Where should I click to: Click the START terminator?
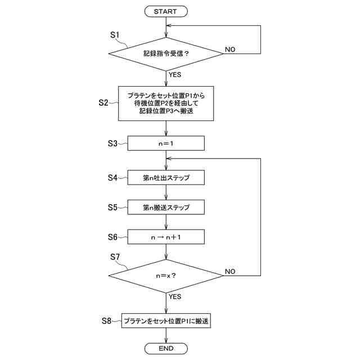(166, 11)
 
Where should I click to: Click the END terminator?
(166, 349)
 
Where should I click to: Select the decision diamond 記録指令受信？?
(166, 54)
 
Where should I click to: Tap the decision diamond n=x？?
(166, 276)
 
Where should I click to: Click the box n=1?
(166, 143)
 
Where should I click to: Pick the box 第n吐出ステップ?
(166, 178)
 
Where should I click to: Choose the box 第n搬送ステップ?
(166, 208)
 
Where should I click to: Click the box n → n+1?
(166, 237)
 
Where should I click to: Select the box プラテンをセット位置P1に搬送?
(166, 321)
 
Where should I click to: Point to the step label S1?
(115, 35)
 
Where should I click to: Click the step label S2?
(104, 102)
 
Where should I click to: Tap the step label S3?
(112, 143)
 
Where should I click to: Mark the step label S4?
(112, 178)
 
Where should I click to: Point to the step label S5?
(112, 208)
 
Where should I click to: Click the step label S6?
(112, 237)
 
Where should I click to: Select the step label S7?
(115, 257)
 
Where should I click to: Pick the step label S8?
(107, 321)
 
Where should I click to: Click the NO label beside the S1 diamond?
(230, 49)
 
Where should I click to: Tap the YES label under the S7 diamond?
(174, 296)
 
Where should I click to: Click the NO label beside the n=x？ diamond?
(230, 271)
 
